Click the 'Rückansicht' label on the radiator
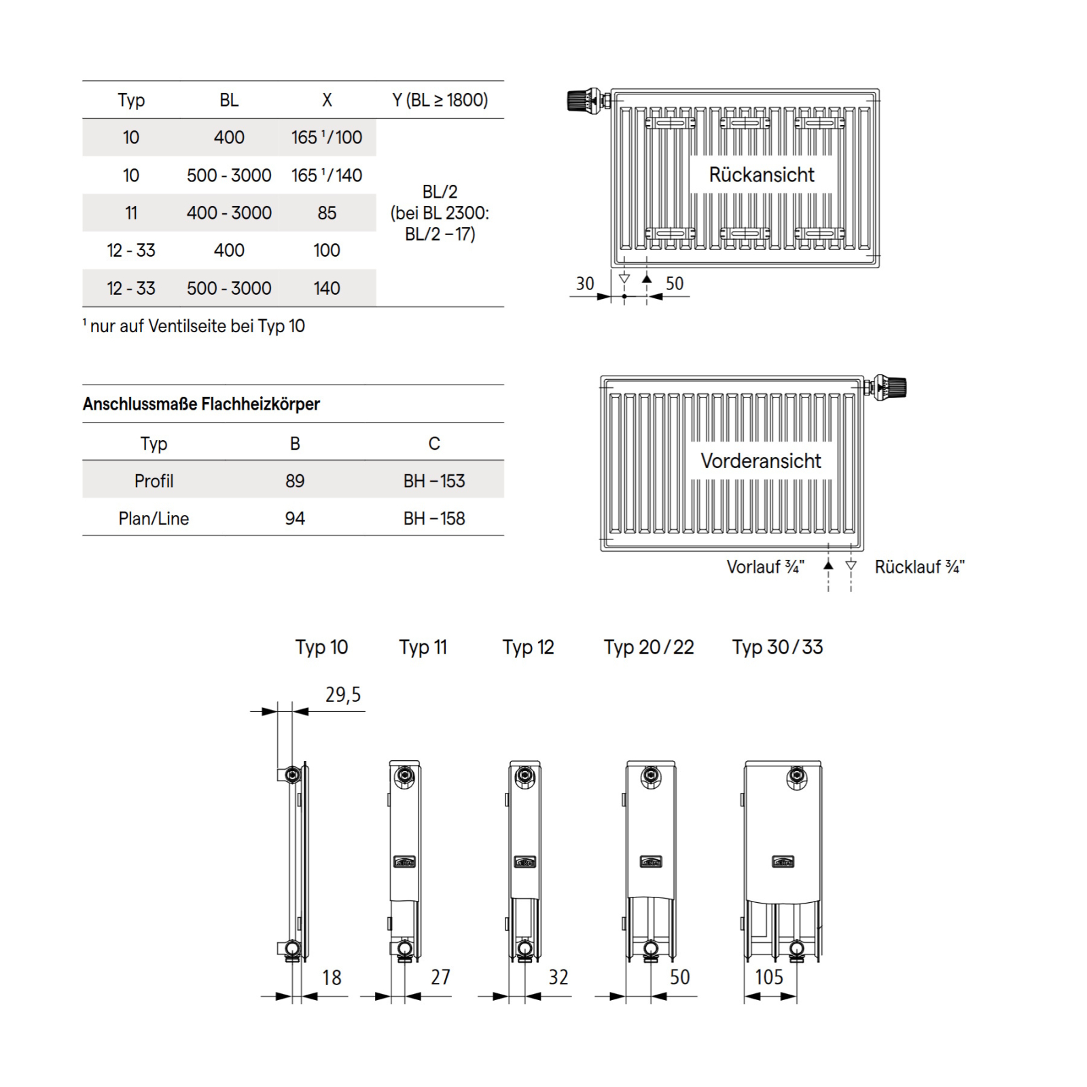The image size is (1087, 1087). [x=761, y=175]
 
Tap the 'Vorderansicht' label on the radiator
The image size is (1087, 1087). [x=760, y=461]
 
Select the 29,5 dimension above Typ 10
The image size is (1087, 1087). [x=343, y=694]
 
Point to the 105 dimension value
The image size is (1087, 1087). [x=769, y=977]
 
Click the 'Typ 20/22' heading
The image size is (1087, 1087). [x=649, y=647]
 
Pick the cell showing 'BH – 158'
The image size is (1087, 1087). [x=434, y=518]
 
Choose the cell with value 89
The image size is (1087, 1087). [x=295, y=481]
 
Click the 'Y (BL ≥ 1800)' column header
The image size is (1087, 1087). [x=440, y=100]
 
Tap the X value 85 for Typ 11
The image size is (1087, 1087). [x=327, y=213]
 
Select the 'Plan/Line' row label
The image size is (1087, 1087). [x=154, y=518]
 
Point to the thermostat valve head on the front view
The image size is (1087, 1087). [x=891, y=387]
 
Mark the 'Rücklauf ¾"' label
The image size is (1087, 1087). [x=919, y=567]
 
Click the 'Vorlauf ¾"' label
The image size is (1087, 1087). [x=765, y=567]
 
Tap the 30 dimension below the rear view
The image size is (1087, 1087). [x=585, y=283]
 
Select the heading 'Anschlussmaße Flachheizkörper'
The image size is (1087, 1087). [x=201, y=404]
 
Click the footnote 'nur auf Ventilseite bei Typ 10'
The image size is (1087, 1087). [x=196, y=326]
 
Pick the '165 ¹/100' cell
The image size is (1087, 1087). [x=327, y=137]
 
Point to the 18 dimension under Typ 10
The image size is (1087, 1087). [x=332, y=977]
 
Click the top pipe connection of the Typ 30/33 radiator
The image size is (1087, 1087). [x=797, y=777]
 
